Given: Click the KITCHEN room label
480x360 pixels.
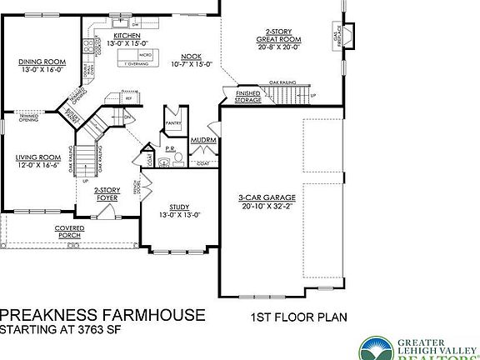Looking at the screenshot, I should click(x=127, y=37).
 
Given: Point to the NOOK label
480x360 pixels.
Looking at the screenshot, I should click(x=191, y=56).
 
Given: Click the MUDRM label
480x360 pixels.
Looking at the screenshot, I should click(x=203, y=141).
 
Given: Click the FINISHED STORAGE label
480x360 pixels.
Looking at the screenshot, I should click(x=247, y=97).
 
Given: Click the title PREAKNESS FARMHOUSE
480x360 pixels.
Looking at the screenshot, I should click(x=102, y=314).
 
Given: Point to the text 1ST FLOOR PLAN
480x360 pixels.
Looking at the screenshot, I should click(x=299, y=317).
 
